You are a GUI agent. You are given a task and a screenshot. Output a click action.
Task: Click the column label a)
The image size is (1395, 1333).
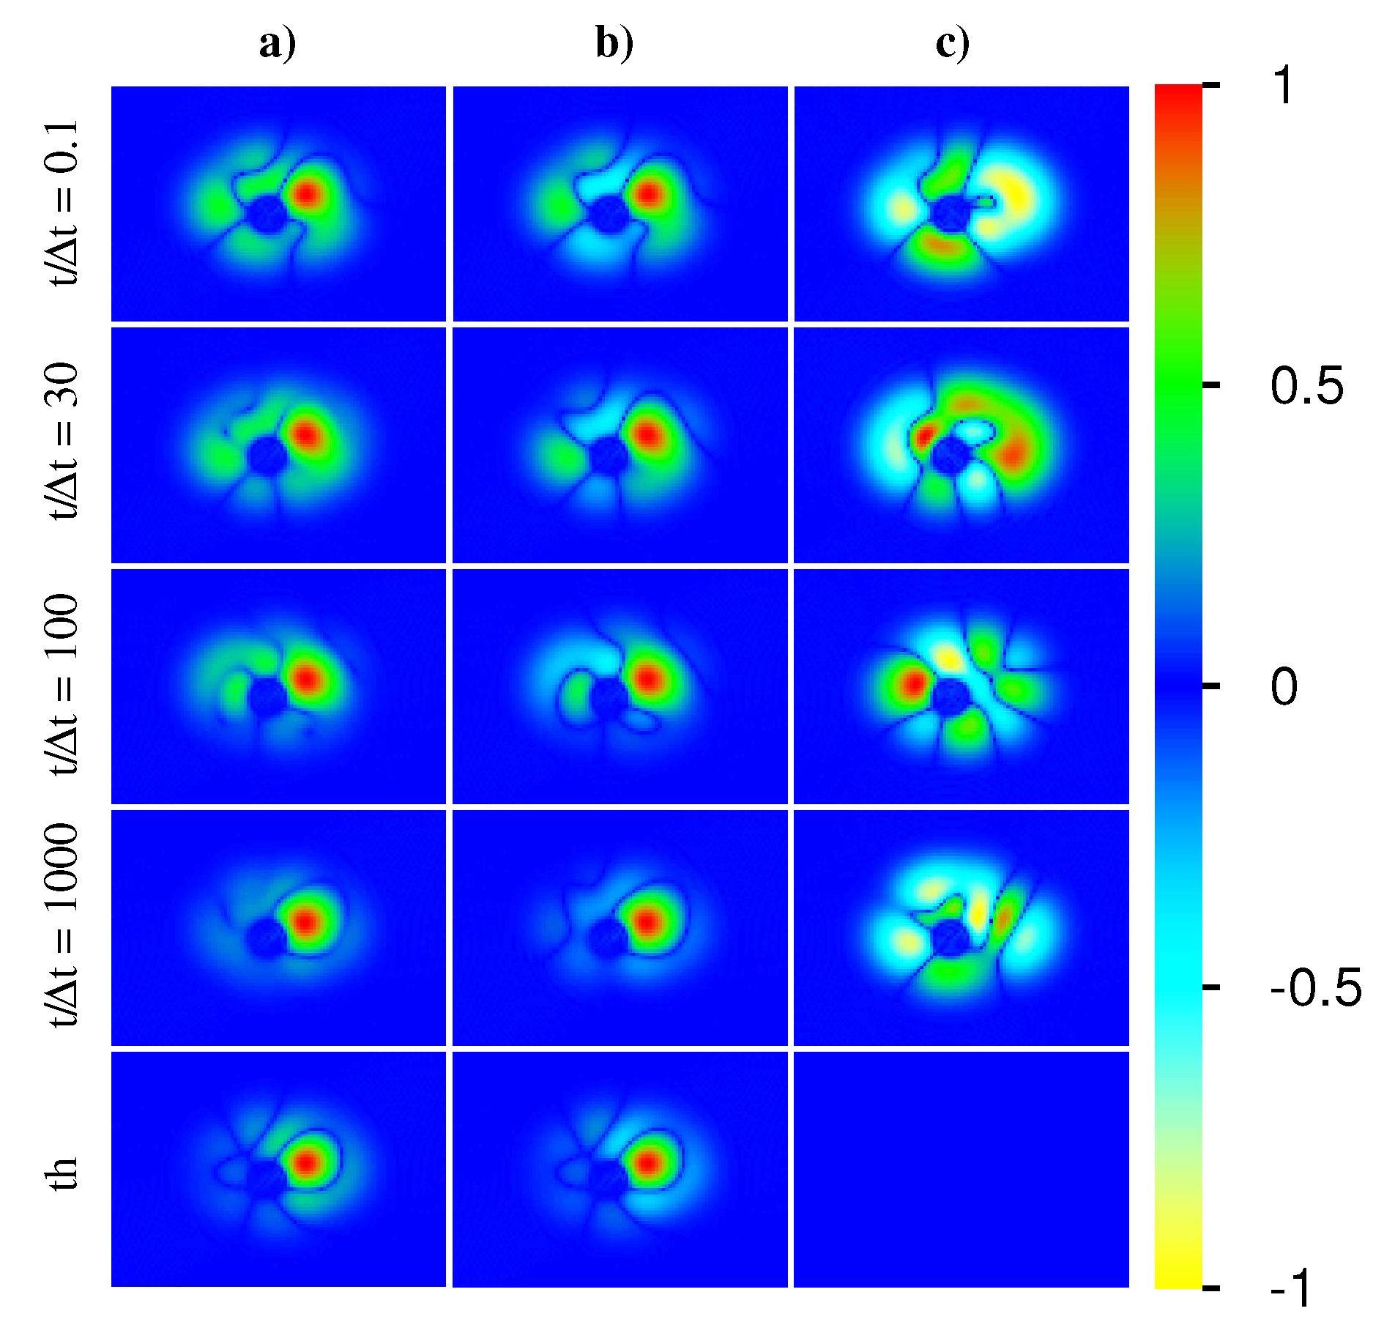[x=278, y=44]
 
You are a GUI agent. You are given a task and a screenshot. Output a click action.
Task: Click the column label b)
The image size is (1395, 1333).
[x=614, y=44]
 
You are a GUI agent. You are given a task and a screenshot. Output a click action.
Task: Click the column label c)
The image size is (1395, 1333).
[x=952, y=44]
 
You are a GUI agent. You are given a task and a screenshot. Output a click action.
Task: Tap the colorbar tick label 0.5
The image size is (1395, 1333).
[x=1307, y=386]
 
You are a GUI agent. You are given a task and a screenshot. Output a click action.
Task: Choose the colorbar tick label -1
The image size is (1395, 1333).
[x=1292, y=1288]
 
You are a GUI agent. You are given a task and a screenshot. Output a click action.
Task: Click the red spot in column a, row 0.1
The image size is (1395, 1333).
[x=307, y=195]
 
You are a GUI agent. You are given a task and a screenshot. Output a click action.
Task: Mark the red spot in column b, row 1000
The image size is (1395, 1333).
[x=647, y=921]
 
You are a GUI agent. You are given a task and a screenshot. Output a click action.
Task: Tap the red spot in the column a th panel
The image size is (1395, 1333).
[x=307, y=1162]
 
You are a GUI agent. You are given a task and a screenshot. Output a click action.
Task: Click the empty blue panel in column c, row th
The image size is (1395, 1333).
[x=961, y=1170]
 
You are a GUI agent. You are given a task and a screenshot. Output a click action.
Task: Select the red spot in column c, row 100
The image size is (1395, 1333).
[x=912, y=685]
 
